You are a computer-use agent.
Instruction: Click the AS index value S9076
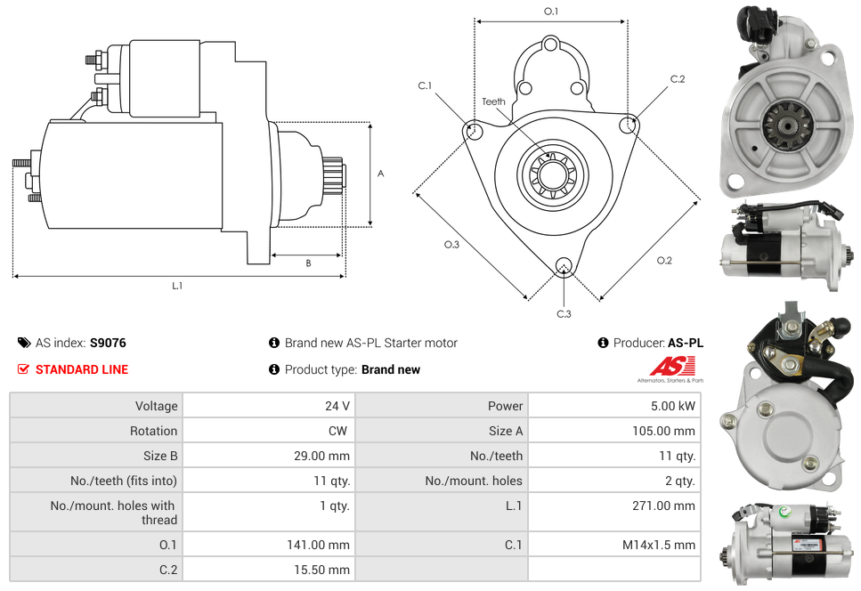click(x=108, y=343)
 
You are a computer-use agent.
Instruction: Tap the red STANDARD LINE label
click(x=81, y=369)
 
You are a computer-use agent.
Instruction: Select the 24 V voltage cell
click(x=337, y=406)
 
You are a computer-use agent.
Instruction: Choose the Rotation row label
click(x=153, y=431)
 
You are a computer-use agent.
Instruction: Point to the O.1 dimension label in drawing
click(x=551, y=12)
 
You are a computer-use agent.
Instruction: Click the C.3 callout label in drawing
click(x=564, y=313)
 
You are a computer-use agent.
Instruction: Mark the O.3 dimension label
click(x=451, y=245)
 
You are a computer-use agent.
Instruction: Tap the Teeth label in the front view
click(x=493, y=101)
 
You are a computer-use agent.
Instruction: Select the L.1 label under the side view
click(x=177, y=286)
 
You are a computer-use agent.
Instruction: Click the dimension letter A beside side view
click(x=380, y=174)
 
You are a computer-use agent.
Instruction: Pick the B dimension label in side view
click(x=308, y=263)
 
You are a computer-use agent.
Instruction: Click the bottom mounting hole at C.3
click(x=563, y=265)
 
